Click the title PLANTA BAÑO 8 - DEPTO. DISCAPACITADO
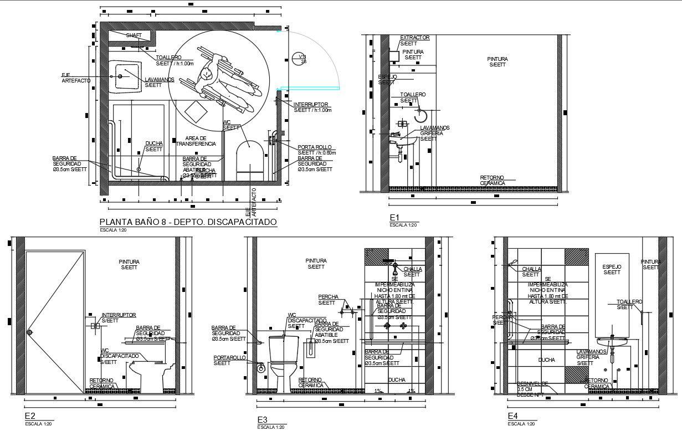click(187, 222)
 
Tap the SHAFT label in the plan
click(134, 35)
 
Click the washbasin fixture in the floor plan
click(125, 76)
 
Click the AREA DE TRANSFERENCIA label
click(196, 141)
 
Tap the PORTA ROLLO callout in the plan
click(314, 147)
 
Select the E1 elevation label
click(394, 217)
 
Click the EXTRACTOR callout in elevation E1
click(414, 38)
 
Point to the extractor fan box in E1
click(395, 56)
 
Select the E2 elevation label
click(30, 416)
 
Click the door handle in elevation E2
click(30, 332)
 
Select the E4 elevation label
click(512, 415)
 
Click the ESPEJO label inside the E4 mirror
click(612, 266)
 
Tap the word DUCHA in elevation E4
click(546, 360)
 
